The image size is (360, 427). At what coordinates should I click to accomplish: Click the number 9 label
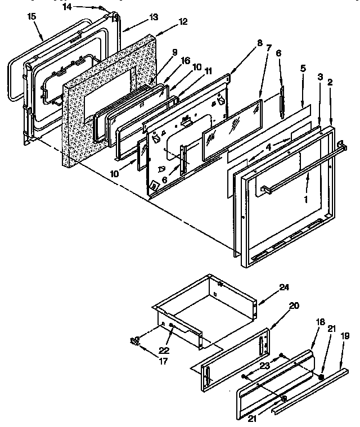tap(174, 52)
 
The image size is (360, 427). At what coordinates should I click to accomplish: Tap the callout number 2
tap(330, 82)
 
